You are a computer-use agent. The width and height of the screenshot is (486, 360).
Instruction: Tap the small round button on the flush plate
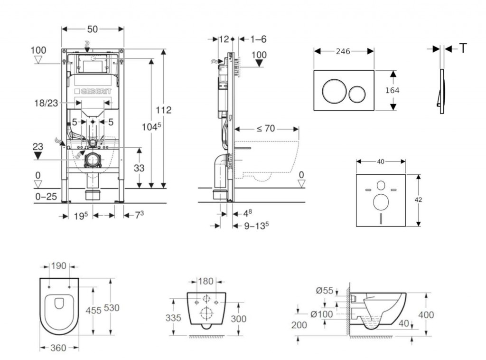click(x=357, y=94)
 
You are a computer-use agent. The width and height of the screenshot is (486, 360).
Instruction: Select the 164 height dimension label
click(x=392, y=90)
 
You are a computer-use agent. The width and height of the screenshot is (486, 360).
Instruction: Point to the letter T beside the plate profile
click(x=463, y=48)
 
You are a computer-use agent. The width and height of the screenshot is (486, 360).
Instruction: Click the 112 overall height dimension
click(x=164, y=110)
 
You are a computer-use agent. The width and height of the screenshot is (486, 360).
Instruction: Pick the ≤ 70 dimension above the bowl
click(x=266, y=129)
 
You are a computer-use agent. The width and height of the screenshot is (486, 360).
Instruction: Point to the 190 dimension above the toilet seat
click(x=59, y=266)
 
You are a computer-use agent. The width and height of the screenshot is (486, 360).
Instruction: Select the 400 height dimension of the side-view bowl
click(x=426, y=315)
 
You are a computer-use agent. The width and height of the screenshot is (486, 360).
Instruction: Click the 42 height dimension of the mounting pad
click(x=418, y=200)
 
